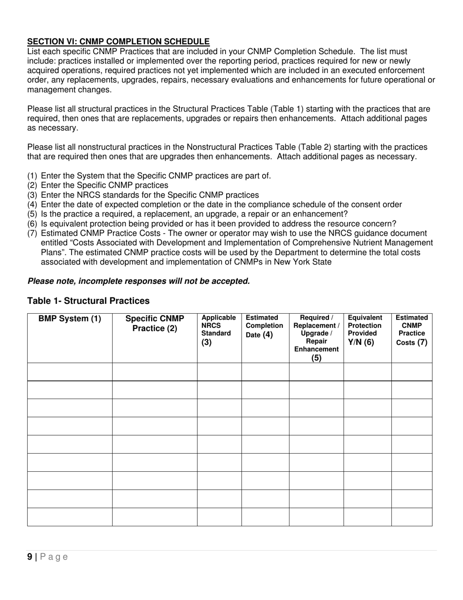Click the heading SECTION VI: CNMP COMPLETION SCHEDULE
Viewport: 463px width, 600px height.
point(118,42)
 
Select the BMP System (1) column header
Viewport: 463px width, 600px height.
point(70,319)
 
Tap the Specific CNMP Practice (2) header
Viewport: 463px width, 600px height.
point(154,323)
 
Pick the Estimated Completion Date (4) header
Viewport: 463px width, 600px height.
point(265,326)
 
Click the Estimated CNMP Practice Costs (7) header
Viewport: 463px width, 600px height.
point(412,330)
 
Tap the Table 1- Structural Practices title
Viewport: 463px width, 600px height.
point(88,300)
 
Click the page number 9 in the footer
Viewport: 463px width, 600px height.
point(30,557)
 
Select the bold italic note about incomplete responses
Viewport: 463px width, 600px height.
point(139,281)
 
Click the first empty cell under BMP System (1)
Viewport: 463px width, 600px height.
point(70,372)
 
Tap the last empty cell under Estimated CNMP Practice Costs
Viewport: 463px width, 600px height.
point(412,517)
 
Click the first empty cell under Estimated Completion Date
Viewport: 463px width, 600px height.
point(265,372)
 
